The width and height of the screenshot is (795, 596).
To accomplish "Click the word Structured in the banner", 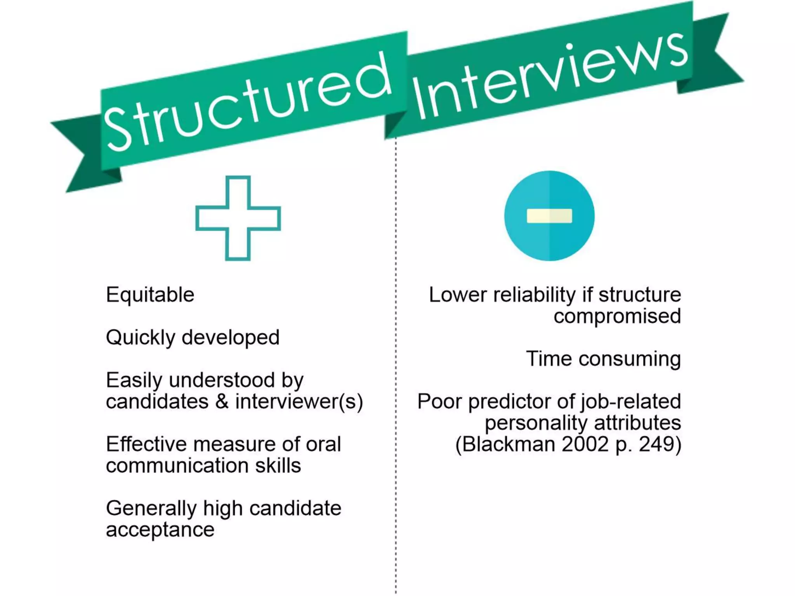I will click(x=248, y=103).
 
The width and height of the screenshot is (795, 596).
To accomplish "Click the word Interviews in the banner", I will click(x=549, y=76).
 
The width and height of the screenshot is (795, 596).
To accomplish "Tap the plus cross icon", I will click(x=238, y=218).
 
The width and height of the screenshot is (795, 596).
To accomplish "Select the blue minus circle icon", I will click(x=549, y=216).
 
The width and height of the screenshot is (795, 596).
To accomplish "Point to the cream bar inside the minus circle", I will click(x=549, y=216).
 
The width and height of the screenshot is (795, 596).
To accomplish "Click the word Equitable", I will click(x=150, y=295).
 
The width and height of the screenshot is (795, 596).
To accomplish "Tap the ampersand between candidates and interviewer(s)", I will click(x=222, y=401).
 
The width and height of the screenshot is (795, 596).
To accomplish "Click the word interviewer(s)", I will click(x=299, y=401).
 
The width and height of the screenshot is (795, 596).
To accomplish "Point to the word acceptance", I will click(x=160, y=530).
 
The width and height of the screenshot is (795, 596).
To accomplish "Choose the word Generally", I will click(x=151, y=508).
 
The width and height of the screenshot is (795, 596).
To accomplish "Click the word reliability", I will click(x=534, y=295).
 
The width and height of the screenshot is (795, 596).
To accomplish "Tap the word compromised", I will click(x=617, y=316).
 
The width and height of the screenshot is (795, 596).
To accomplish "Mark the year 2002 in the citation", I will click(x=585, y=444).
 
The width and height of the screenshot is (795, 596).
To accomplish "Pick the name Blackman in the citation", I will click(x=509, y=444).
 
